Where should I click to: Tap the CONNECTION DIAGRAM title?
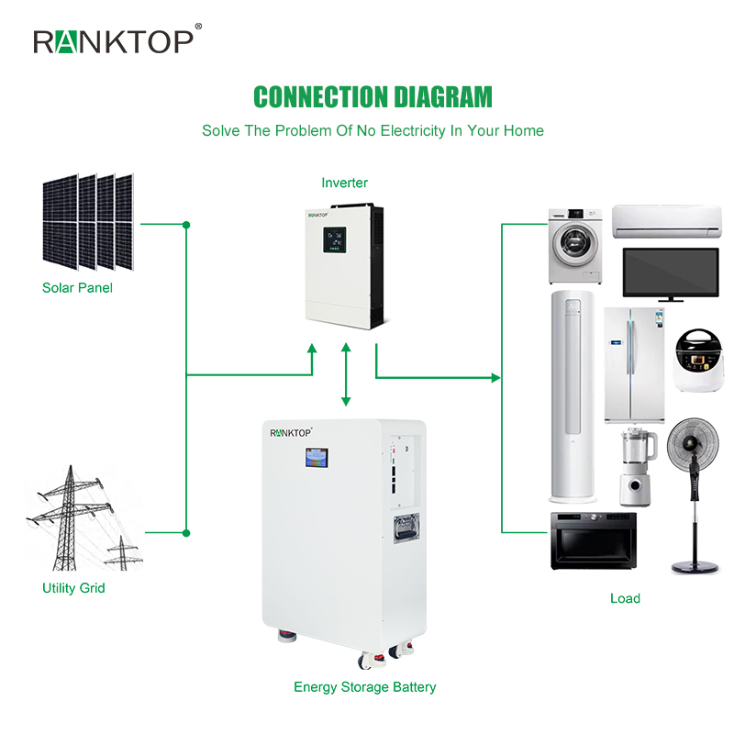point(373,97)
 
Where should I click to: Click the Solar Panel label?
point(77,288)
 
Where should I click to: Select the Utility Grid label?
point(73,588)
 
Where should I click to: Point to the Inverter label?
point(344,183)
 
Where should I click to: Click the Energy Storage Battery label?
point(364,687)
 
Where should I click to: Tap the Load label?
point(625,598)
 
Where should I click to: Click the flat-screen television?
point(671,272)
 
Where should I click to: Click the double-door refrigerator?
point(634,364)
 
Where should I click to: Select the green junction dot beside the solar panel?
point(186,224)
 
